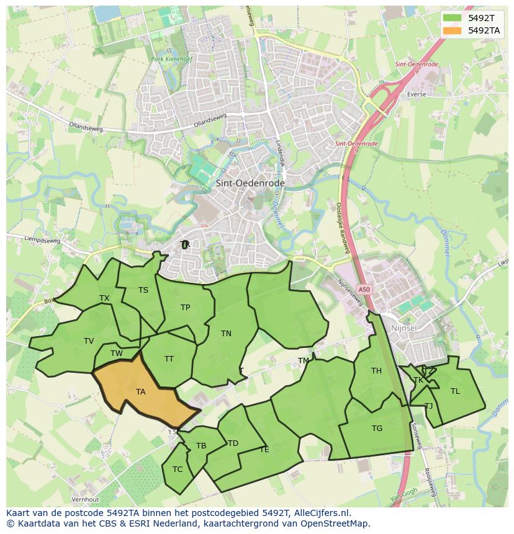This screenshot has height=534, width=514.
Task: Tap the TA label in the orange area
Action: [140, 392]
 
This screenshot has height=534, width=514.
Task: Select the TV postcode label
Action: [89, 341]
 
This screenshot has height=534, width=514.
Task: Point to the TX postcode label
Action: [104, 298]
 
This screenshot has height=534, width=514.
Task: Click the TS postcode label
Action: [143, 290]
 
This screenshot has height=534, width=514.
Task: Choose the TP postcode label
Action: [185, 308]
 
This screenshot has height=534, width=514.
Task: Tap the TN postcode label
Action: [226, 334]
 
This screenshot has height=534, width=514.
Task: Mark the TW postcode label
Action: [117, 354]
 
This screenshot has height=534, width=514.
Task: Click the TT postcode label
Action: [169, 359]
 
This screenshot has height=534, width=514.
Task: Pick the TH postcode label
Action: [376, 371]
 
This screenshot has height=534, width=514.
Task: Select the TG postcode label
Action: [377, 429]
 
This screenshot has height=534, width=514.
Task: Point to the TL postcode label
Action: [455, 391]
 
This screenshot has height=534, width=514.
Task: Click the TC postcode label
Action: [178, 469]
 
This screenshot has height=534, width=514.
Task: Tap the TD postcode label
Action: [233, 443]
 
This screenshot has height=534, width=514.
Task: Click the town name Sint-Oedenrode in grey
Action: [250, 184]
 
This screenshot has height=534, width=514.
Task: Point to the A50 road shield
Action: [364, 290]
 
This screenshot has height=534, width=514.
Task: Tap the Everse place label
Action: [417, 94]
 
